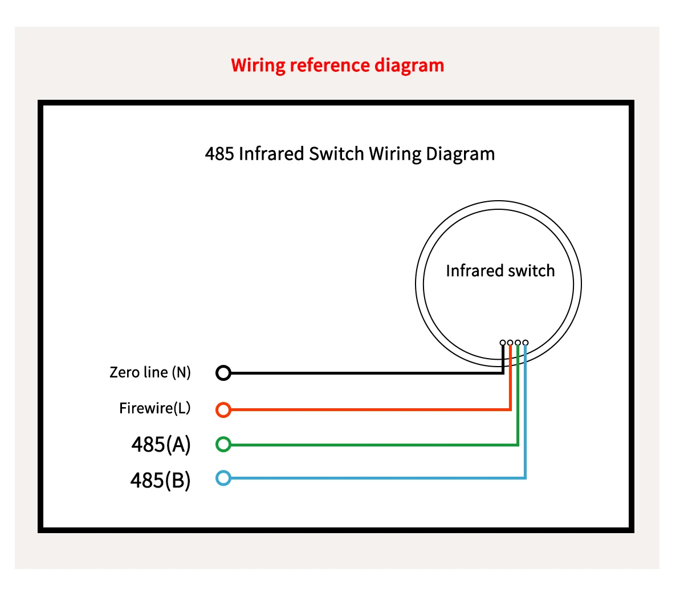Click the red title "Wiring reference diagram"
337,65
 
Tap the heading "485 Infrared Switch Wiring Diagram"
349,154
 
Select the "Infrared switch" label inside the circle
500,271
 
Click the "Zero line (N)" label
150,372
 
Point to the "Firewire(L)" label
154,408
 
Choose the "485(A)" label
161,444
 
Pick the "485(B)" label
160,480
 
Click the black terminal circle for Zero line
223,373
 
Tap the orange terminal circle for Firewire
223,409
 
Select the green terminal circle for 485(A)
223,444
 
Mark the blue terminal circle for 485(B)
223,478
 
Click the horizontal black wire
365,373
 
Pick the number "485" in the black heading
219,154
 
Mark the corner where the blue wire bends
525,478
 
